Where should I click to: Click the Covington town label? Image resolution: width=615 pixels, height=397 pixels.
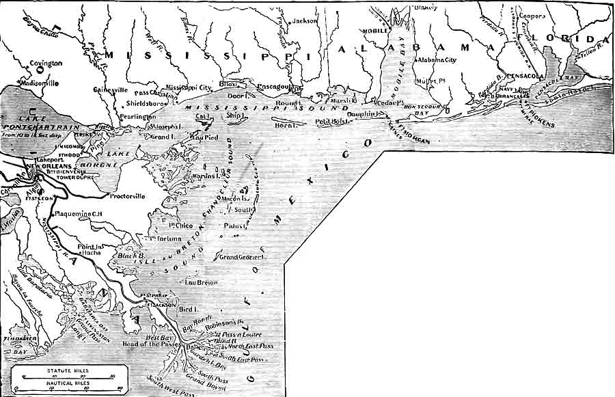(x=46, y=63)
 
